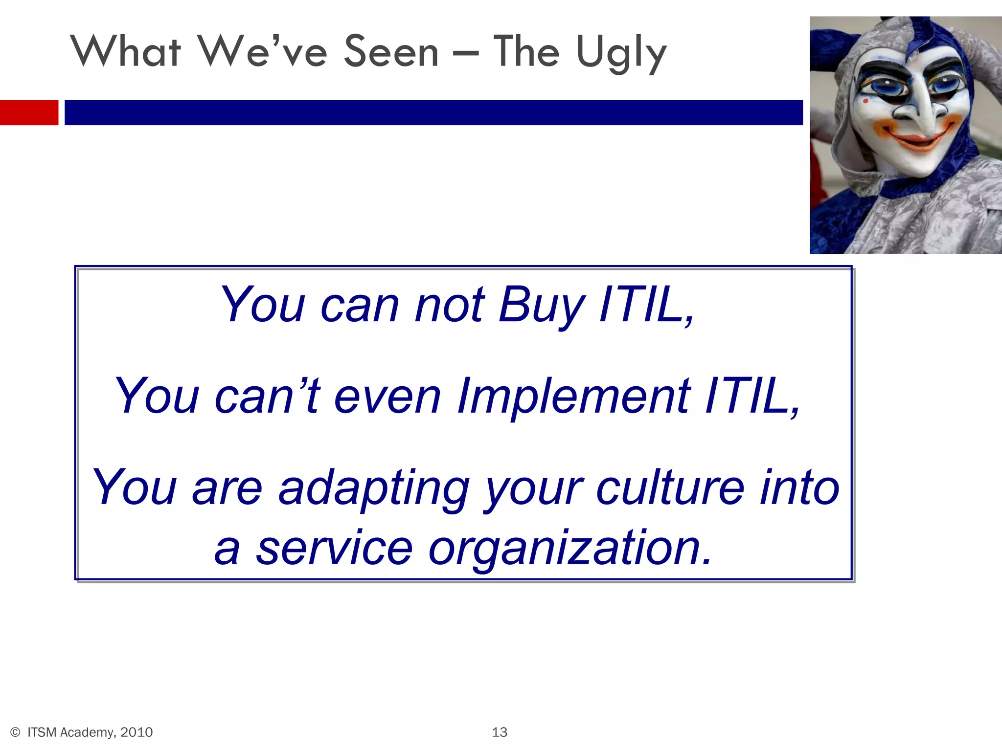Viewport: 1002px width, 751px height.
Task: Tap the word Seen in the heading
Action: [x=390, y=52]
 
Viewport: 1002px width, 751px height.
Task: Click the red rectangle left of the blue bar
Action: [x=29, y=112]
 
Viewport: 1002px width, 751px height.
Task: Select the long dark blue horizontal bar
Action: [x=433, y=112]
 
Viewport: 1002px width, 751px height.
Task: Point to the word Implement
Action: [x=573, y=396]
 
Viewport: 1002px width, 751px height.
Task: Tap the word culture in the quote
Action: [x=670, y=488]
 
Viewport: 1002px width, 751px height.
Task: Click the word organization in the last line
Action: [x=569, y=549]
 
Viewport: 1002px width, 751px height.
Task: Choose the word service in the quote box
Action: [x=335, y=549]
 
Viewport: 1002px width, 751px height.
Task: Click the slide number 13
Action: [x=499, y=732]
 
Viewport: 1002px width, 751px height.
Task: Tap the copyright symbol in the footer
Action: [x=15, y=732]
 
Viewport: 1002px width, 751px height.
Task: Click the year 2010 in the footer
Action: [x=137, y=732]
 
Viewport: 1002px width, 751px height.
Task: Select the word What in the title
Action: [x=126, y=52]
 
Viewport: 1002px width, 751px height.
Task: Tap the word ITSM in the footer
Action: [x=42, y=732]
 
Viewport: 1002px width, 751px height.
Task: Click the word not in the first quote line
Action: [x=449, y=306]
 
